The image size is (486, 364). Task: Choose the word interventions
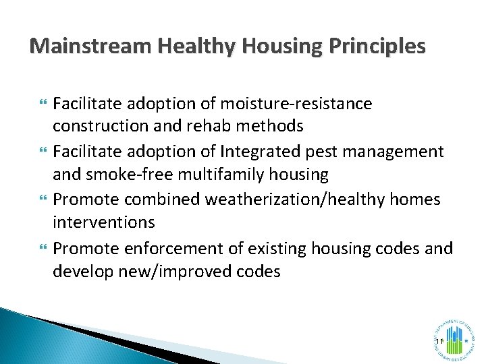point(104,222)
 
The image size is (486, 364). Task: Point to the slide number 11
point(439,342)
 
